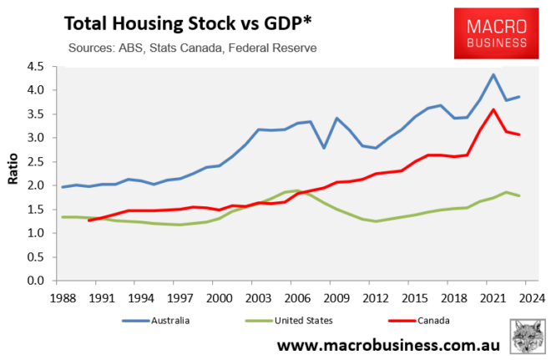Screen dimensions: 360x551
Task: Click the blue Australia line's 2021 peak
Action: tap(493, 74)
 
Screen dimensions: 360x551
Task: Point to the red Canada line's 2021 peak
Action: tap(493, 109)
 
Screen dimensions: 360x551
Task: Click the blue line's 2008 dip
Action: tap(325, 148)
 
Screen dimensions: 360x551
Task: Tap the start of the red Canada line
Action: tap(89, 221)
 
